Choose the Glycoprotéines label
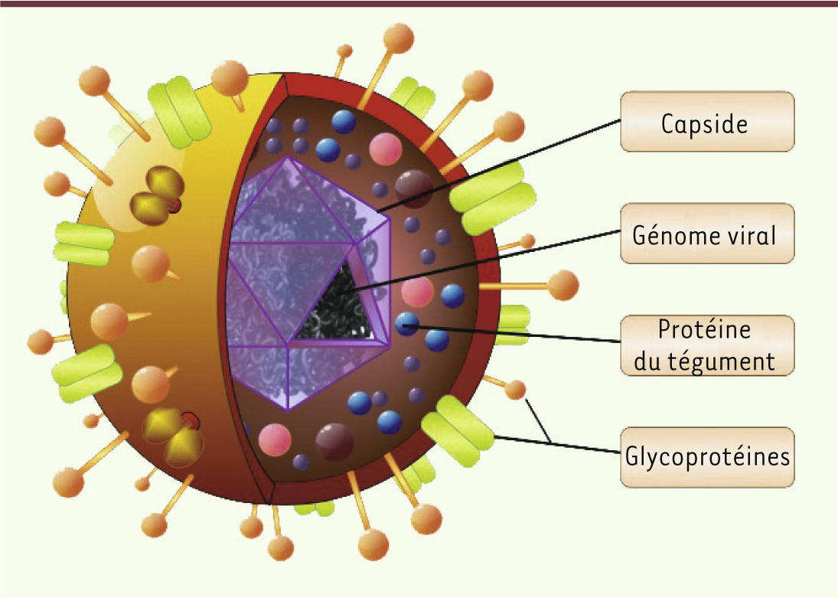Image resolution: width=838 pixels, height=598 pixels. (x=706, y=457)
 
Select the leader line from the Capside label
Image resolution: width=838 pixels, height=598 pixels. (x=497, y=165)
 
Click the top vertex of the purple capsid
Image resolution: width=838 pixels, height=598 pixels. (x=287, y=158)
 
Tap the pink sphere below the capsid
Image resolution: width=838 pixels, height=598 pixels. (x=275, y=439)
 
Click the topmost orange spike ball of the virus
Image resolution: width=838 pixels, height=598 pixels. (x=399, y=36)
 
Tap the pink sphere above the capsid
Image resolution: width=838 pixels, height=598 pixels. (x=386, y=149)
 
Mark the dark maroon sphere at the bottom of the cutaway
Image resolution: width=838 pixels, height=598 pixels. (x=334, y=442)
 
